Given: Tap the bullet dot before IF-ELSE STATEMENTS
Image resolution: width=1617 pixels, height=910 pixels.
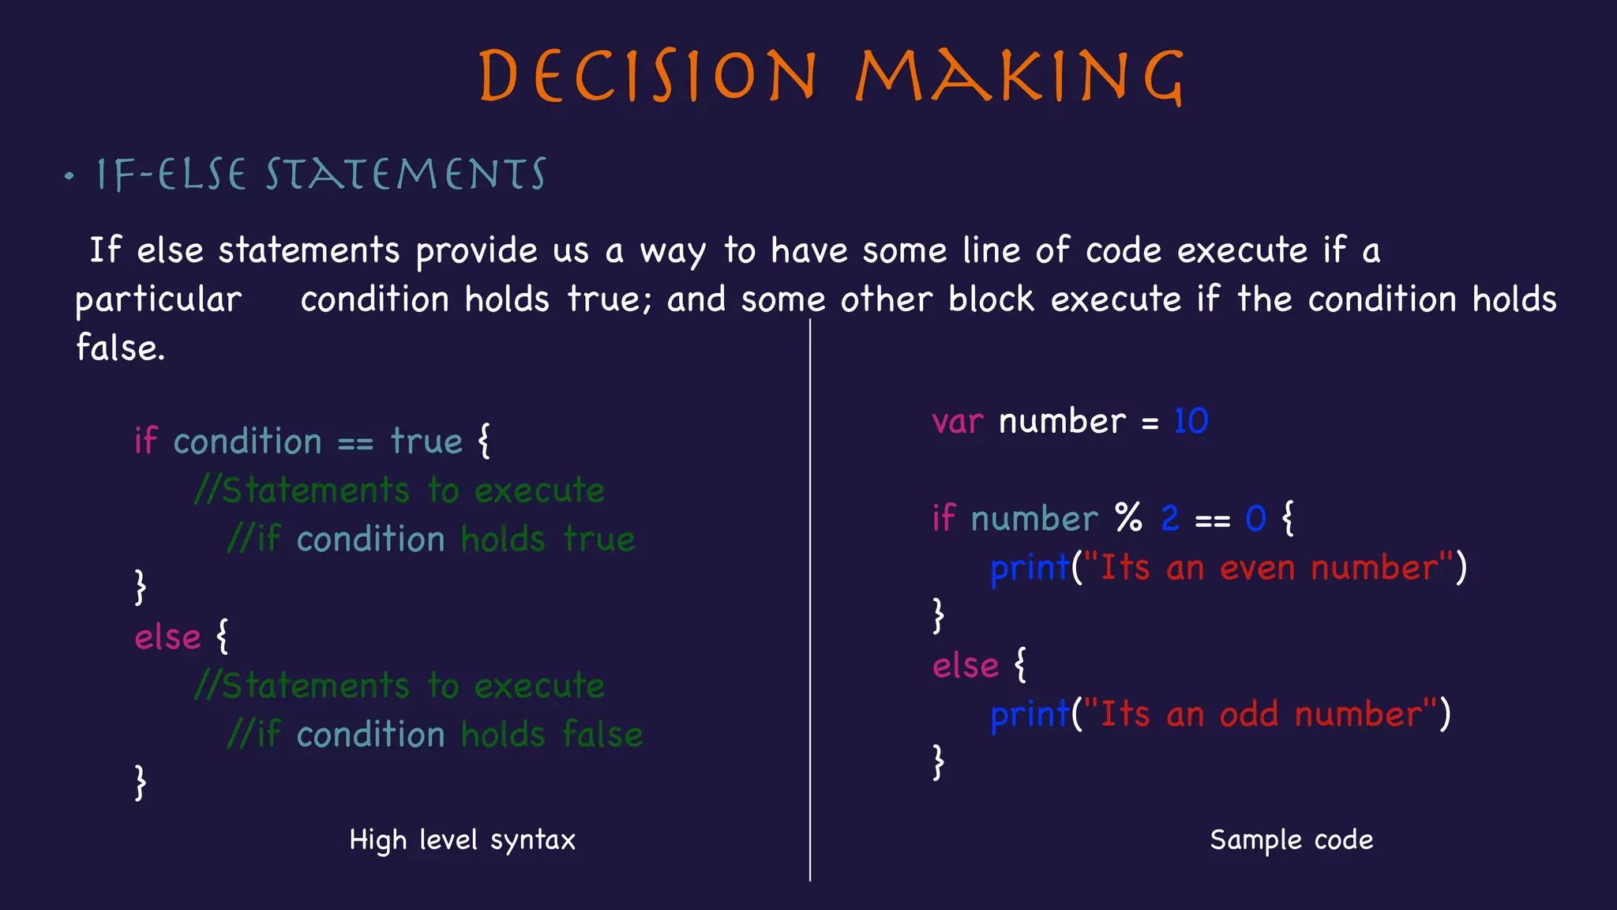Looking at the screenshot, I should coord(69,175).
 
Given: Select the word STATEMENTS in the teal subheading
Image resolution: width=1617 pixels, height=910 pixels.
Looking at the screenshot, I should coord(406,175).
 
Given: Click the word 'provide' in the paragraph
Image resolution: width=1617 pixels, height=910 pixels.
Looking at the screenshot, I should coord(476,251).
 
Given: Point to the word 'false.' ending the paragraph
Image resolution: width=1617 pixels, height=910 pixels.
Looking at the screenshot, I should coord(120,348).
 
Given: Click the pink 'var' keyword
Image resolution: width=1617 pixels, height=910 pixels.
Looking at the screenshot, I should coord(957,422).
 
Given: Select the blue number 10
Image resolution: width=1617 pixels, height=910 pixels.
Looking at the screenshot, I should coord(1191,421).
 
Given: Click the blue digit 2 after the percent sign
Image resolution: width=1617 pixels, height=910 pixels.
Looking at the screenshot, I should coord(1170,519).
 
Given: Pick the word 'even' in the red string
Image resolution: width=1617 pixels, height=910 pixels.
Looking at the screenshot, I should coord(1257,569).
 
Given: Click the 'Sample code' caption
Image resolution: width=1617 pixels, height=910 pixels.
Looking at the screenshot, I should coord(1291,840).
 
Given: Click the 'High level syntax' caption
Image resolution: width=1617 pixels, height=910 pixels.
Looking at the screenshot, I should coord(462,840).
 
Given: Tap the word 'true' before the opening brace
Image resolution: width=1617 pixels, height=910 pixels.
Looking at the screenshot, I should coord(426,442).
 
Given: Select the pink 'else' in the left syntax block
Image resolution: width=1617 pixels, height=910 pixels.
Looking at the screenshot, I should coord(167,637).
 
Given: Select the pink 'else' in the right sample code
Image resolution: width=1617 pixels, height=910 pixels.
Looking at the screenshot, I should coord(966,666).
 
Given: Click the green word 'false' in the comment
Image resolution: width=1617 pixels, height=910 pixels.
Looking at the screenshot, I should coord(602,735).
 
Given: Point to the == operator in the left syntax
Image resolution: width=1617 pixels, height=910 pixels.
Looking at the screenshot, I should coord(355,443).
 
